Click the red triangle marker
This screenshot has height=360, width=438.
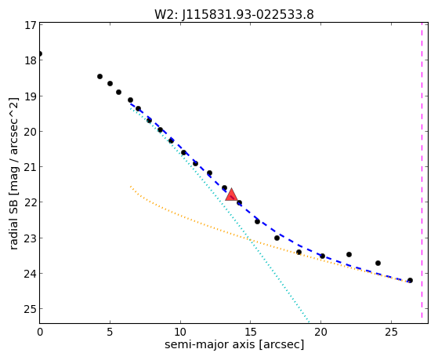(x=231, y=195)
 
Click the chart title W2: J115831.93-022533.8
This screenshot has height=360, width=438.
(x=234, y=15)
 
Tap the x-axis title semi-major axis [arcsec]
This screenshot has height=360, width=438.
(x=234, y=344)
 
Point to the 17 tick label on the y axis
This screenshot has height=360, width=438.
(x=31, y=25)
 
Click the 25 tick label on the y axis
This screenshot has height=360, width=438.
(x=31, y=309)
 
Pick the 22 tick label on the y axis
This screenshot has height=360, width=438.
(x=31, y=202)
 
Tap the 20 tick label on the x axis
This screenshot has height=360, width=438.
(x=320, y=332)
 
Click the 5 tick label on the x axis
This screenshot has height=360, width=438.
(x=110, y=332)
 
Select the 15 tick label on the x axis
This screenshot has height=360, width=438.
(x=250, y=332)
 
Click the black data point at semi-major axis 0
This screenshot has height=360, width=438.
(x=40, y=53)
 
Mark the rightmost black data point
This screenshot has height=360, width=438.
(x=410, y=280)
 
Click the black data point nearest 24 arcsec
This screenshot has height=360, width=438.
(x=378, y=263)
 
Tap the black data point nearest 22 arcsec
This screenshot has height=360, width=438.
(x=349, y=254)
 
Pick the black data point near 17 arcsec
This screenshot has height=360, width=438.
(x=277, y=238)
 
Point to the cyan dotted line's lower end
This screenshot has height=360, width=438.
(x=309, y=323)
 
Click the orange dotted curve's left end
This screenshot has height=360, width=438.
(x=130, y=186)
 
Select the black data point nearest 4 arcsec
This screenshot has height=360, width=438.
(x=100, y=76)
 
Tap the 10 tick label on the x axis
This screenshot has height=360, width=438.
(x=180, y=332)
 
